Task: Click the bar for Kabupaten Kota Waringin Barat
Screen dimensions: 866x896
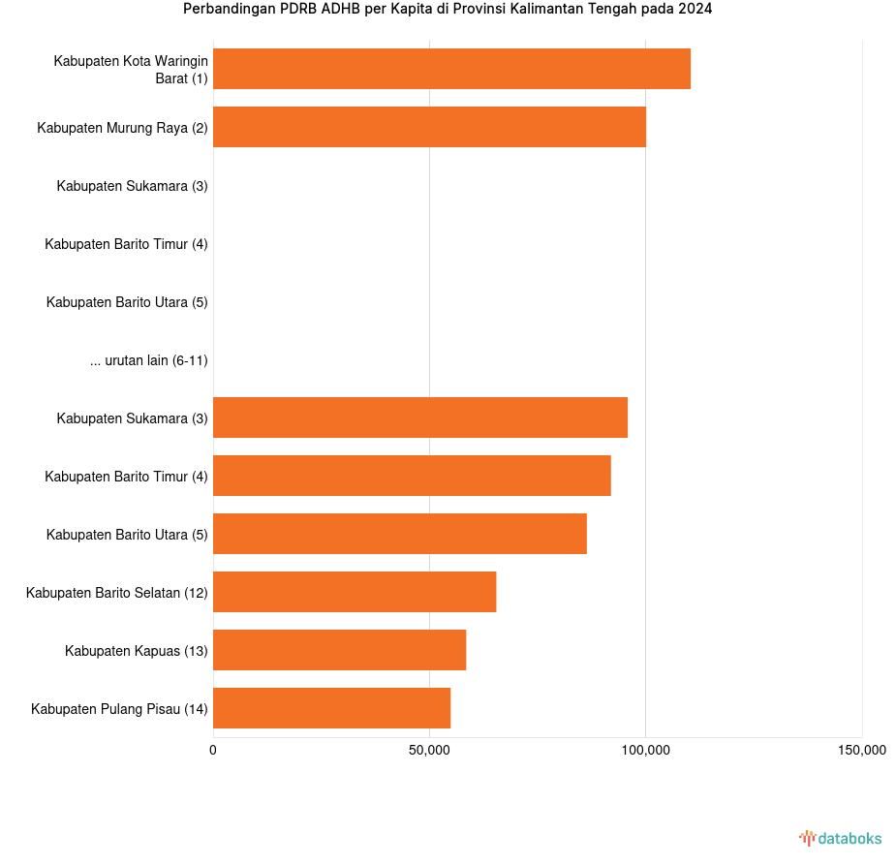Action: point(451,69)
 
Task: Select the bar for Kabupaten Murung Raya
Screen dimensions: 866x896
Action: point(429,127)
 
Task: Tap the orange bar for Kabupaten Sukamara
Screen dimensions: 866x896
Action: point(420,418)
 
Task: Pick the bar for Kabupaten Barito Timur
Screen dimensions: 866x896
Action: point(412,476)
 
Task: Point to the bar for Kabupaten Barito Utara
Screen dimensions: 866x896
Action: point(400,534)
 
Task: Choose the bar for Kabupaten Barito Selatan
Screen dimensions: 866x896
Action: point(355,592)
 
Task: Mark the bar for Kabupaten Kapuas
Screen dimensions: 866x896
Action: point(339,650)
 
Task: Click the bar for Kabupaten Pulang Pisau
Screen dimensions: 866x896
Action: point(331,708)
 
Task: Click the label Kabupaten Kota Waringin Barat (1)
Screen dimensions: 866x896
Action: point(131,69)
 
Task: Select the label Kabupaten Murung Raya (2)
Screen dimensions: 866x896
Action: point(122,128)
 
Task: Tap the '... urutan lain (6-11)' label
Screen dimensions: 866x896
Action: point(149,360)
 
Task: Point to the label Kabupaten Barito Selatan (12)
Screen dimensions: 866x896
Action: point(117,593)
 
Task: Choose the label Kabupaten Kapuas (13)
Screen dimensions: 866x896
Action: point(137,651)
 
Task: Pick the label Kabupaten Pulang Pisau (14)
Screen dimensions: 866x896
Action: point(119,709)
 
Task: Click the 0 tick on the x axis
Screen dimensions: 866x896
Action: point(213,750)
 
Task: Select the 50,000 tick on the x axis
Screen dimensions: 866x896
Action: point(429,750)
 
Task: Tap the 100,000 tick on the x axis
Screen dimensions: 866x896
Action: point(646,750)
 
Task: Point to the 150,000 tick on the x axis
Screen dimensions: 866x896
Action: point(861,750)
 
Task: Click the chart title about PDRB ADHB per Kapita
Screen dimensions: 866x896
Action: point(448,10)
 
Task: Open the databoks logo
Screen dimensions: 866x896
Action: point(840,838)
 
